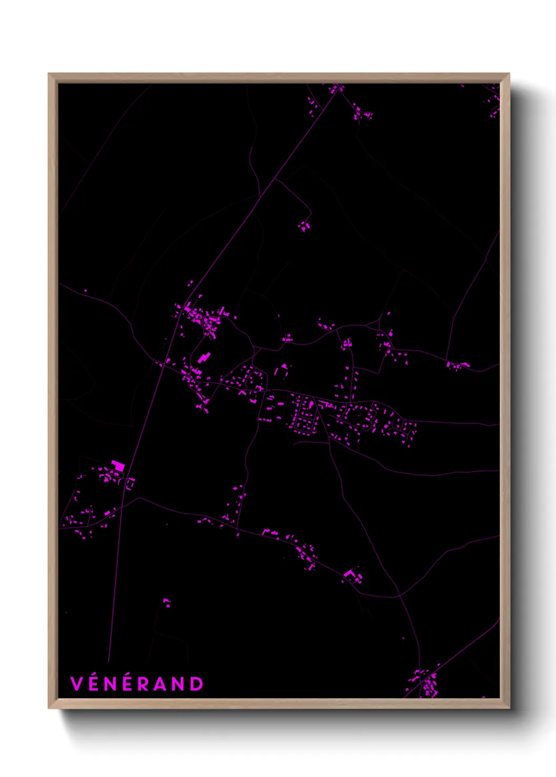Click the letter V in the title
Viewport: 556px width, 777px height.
[77, 684]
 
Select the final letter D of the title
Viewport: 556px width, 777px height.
[197, 684]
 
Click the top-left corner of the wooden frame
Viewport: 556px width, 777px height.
[49, 74]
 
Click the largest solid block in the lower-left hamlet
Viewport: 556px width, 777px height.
[118, 465]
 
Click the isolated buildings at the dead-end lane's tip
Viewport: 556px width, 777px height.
[304, 226]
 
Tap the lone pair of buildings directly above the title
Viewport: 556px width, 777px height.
[167, 602]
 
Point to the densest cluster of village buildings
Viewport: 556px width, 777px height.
[202, 318]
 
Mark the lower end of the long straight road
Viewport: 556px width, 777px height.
[109, 660]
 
